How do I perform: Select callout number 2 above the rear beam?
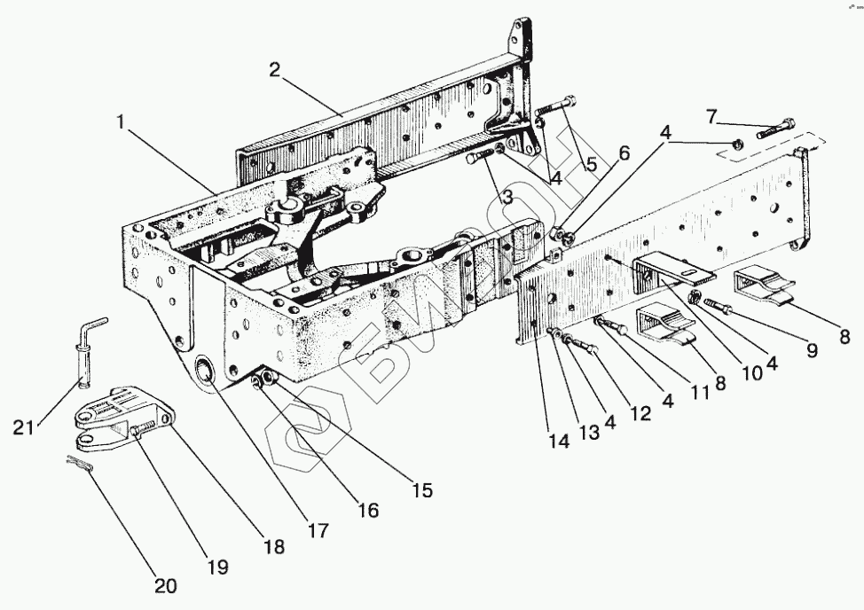pos(275,71)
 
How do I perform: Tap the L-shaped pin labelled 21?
pos(89,355)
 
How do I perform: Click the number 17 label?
pos(317,530)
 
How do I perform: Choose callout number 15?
pos(423,489)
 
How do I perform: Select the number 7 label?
pos(711,115)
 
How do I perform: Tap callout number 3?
pos(507,197)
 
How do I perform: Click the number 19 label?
pos(217,567)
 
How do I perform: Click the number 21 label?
pos(24,427)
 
